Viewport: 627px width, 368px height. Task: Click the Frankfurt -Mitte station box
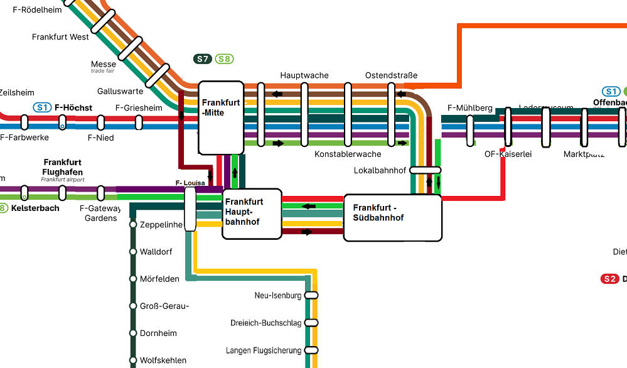point(221,117)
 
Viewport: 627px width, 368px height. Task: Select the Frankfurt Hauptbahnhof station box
point(252,214)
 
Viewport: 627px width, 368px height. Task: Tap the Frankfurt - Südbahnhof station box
point(392,217)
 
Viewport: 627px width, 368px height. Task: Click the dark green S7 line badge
point(202,59)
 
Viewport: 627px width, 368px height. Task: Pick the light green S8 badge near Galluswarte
point(224,59)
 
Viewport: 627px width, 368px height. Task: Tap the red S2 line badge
point(609,279)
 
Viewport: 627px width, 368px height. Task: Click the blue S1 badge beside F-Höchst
point(42,107)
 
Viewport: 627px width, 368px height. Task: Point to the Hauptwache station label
point(304,75)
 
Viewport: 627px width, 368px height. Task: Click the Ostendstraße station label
point(391,75)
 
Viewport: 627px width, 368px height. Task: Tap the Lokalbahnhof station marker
point(426,170)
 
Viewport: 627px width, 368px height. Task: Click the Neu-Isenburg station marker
point(311,295)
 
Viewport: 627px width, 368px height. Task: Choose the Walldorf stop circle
point(133,252)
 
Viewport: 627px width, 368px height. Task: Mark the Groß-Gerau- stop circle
point(133,306)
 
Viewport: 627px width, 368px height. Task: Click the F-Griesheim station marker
point(139,122)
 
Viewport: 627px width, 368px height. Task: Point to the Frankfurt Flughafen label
point(63,167)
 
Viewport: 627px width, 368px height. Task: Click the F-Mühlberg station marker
point(470,131)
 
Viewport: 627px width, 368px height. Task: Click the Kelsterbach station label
point(35,208)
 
